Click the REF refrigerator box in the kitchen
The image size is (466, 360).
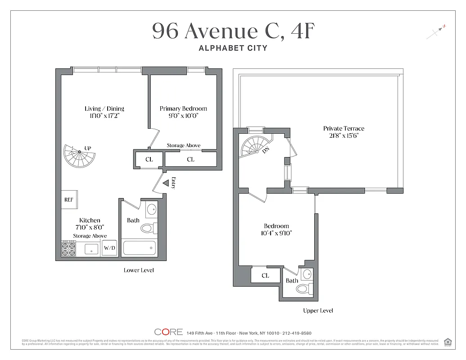point(68,199)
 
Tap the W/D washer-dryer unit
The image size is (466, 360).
point(109,248)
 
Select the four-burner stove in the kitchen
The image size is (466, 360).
point(68,249)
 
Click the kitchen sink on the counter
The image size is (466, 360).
point(92,249)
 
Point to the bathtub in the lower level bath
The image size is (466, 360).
point(139,248)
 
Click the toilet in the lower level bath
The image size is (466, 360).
point(147,228)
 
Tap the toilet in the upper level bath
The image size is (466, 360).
point(303,289)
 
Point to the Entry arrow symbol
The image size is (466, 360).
point(165,183)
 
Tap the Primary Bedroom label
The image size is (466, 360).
point(183,108)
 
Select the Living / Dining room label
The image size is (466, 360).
point(104,108)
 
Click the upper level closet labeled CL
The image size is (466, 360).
point(266,275)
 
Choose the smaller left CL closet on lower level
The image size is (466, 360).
point(149,159)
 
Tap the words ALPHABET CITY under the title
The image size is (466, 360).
point(233,48)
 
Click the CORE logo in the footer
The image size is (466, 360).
point(168,332)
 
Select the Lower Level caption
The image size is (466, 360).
point(139,270)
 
